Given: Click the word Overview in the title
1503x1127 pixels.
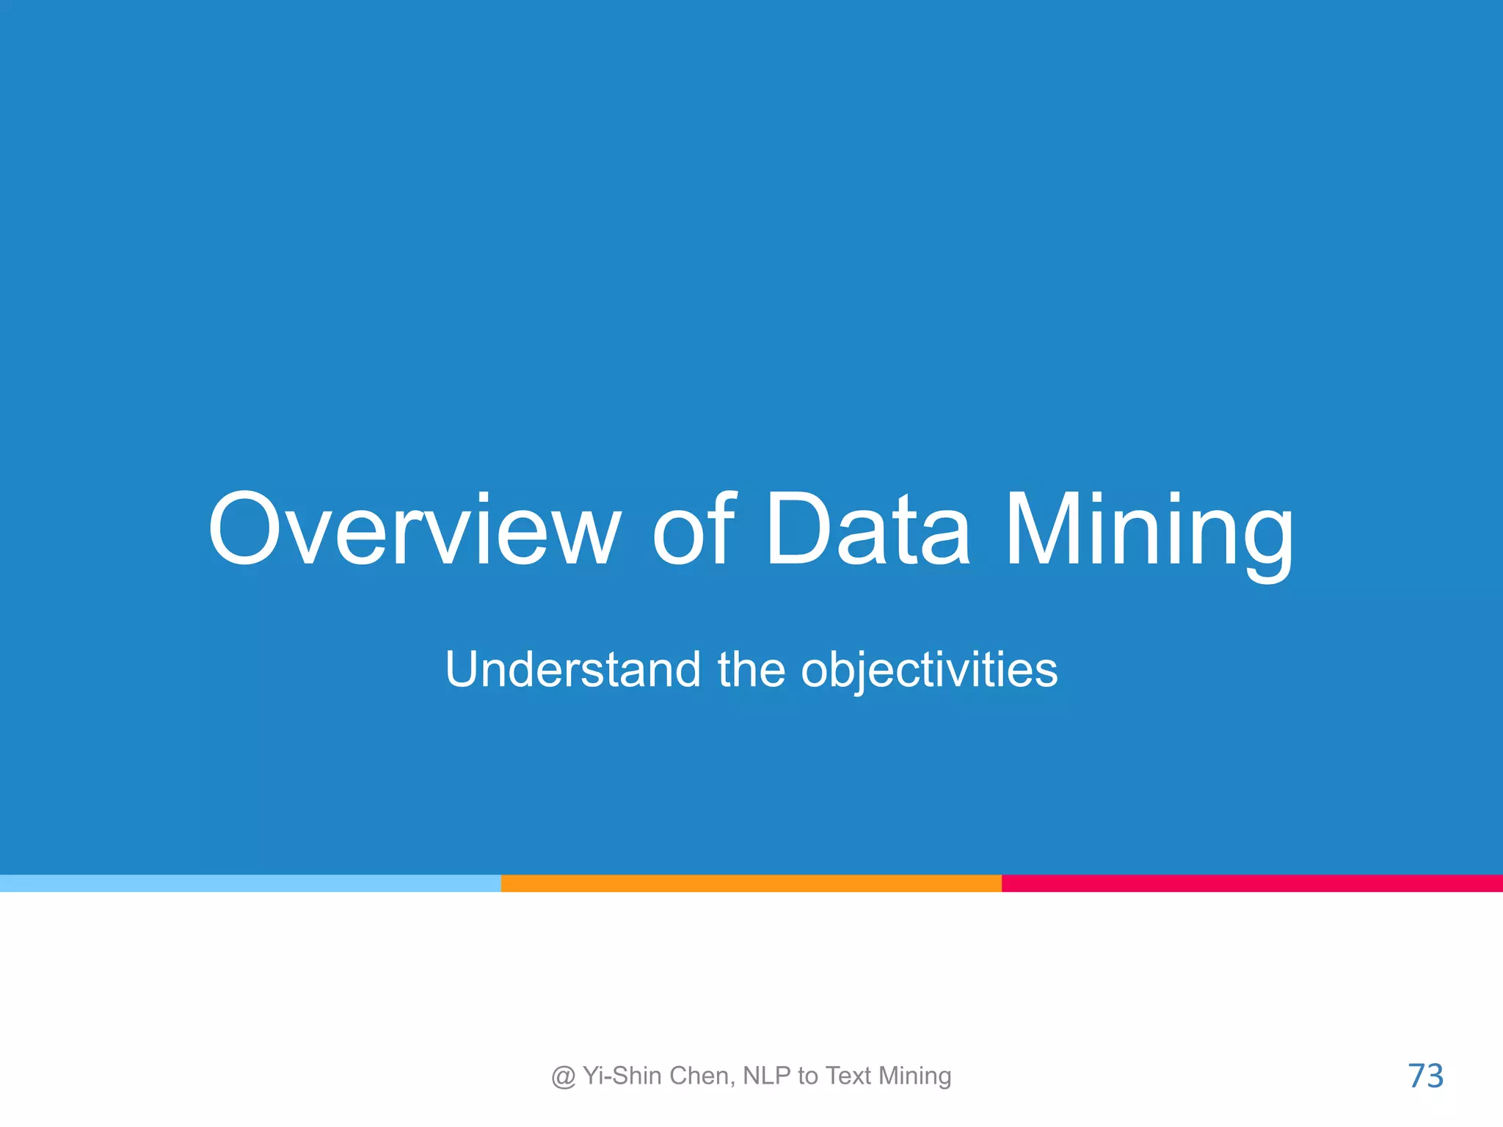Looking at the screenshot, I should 415,530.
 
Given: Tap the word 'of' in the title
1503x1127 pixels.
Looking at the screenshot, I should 693,530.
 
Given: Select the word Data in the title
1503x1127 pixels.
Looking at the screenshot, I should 867,530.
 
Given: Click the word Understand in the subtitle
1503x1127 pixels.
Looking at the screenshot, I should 573,669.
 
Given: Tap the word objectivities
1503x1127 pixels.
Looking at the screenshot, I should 929,671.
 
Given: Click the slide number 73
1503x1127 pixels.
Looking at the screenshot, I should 1425,1076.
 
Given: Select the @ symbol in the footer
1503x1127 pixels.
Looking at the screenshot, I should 563,1076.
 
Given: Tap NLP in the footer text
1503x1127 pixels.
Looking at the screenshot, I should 767,1076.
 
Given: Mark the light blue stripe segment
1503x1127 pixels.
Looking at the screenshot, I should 250,883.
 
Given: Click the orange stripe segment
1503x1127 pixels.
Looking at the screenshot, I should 751,883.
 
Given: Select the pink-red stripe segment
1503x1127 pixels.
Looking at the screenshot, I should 1252,883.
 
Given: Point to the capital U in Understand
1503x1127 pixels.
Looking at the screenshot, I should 465,669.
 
